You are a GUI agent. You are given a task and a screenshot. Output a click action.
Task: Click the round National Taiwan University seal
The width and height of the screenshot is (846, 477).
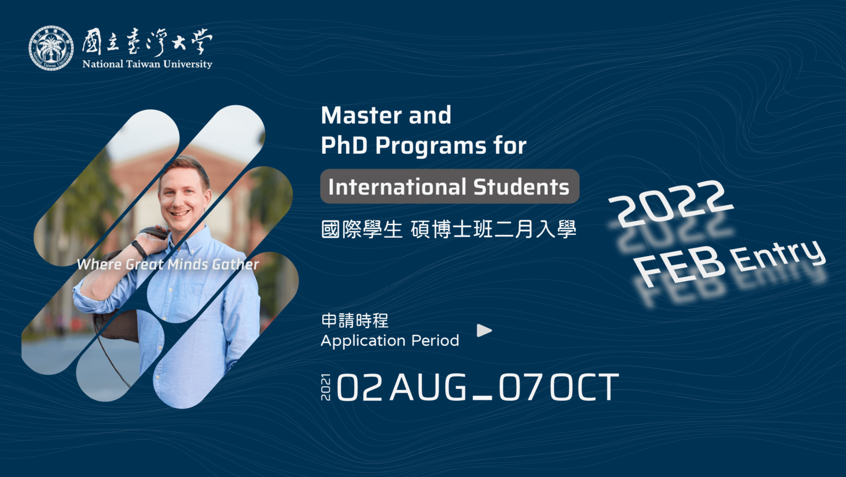[x=51, y=49]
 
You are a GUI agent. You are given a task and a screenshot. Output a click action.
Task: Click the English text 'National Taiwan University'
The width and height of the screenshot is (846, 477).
[x=147, y=64]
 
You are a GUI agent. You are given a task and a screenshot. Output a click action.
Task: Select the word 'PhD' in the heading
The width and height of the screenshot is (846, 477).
[x=344, y=145]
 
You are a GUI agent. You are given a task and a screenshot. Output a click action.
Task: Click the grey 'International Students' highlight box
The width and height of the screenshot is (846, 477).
[x=449, y=186]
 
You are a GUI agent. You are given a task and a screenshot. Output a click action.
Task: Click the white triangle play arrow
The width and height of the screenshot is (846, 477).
[x=484, y=331]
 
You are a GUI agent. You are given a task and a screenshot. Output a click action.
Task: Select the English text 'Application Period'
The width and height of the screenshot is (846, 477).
[x=390, y=341]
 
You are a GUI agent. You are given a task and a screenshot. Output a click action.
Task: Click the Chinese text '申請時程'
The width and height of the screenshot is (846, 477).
[x=355, y=320]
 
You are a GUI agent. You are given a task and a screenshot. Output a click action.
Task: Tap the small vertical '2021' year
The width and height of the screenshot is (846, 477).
[x=326, y=387]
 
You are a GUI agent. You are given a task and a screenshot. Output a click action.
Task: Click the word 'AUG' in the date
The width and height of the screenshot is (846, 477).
[x=429, y=387]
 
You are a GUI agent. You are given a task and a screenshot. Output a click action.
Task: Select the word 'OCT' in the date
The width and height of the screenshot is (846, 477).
[x=584, y=387]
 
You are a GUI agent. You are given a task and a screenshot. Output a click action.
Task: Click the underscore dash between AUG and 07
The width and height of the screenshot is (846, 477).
[x=482, y=398]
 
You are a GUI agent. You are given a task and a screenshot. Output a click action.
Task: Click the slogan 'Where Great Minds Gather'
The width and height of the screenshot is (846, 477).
[x=167, y=264]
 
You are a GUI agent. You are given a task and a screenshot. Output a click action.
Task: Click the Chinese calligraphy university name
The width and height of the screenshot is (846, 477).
[x=147, y=41]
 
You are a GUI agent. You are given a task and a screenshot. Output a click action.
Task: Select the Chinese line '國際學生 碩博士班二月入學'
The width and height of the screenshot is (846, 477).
[x=449, y=229]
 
